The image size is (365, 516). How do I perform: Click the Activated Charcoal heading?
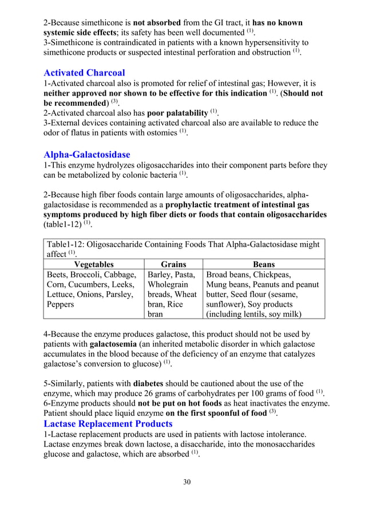click(84, 73)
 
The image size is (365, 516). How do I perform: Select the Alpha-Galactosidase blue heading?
click(86, 155)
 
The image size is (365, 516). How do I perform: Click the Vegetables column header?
click(93, 264)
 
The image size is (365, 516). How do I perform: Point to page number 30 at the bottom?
click(187, 482)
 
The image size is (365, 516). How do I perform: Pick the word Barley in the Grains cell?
click(160, 275)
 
